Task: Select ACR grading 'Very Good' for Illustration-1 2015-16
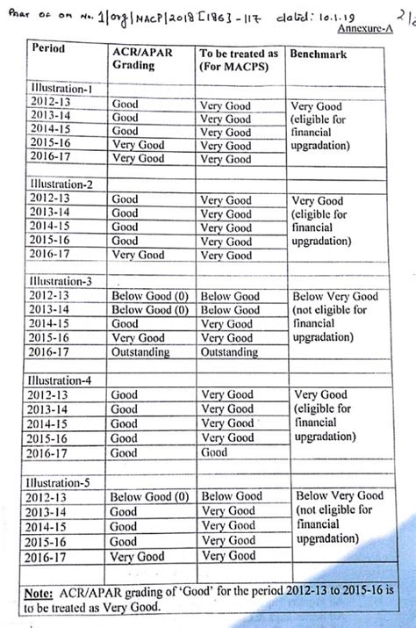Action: (138, 145)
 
